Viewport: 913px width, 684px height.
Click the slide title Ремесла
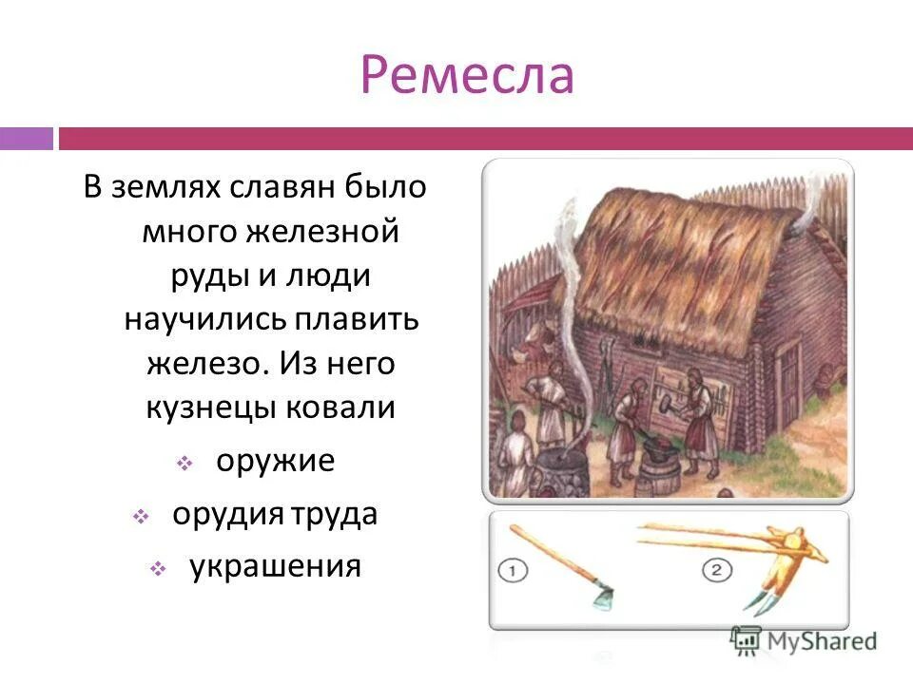(x=466, y=76)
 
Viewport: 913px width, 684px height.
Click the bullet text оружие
(x=275, y=462)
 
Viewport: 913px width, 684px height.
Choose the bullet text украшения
(x=275, y=567)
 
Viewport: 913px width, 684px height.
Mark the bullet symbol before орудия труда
(x=140, y=517)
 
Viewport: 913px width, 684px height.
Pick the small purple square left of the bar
(x=26, y=139)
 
